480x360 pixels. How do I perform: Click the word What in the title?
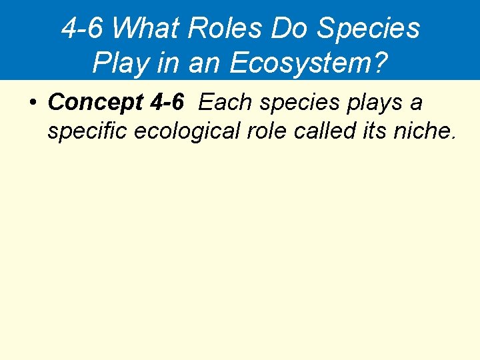pyautogui.click(x=146, y=29)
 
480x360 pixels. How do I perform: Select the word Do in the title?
pyautogui.click(x=291, y=29)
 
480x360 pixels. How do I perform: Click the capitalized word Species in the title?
pyautogui.click(x=369, y=29)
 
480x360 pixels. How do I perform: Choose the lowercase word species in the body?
pyautogui.click(x=295, y=103)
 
